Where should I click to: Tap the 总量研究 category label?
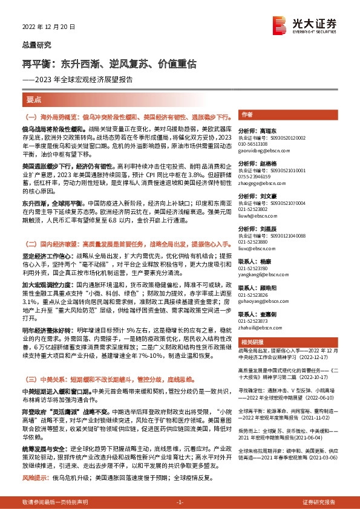(36, 44)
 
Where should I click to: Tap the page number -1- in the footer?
(179, 502)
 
